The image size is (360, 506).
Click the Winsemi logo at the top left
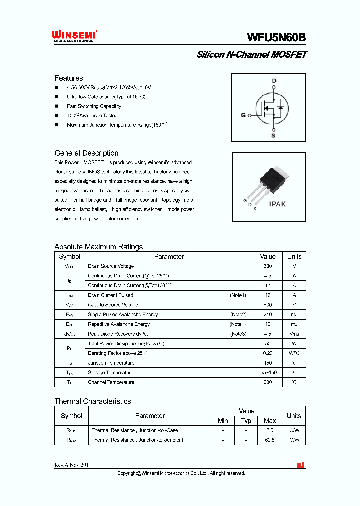point(74,36)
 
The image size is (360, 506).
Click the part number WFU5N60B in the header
point(276,37)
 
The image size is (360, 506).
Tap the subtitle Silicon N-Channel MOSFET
point(252,55)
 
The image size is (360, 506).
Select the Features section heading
point(69,78)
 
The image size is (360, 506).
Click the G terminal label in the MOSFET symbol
point(243,115)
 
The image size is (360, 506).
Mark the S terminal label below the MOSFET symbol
point(273,135)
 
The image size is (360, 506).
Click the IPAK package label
point(277,205)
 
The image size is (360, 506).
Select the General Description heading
point(86,153)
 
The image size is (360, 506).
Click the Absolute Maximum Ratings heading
point(98,247)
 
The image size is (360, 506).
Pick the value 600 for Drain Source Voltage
point(268,266)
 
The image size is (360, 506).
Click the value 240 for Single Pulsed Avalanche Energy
point(268,315)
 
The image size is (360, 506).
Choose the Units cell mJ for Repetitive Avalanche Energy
point(294,324)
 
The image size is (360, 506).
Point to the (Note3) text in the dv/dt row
point(238,334)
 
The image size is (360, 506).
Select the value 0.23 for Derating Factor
point(268,353)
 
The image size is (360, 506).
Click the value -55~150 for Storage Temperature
point(268,373)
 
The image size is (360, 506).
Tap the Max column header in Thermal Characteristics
point(270,421)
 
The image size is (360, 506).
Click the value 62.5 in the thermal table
point(270,440)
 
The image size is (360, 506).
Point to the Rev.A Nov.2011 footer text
point(73,465)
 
